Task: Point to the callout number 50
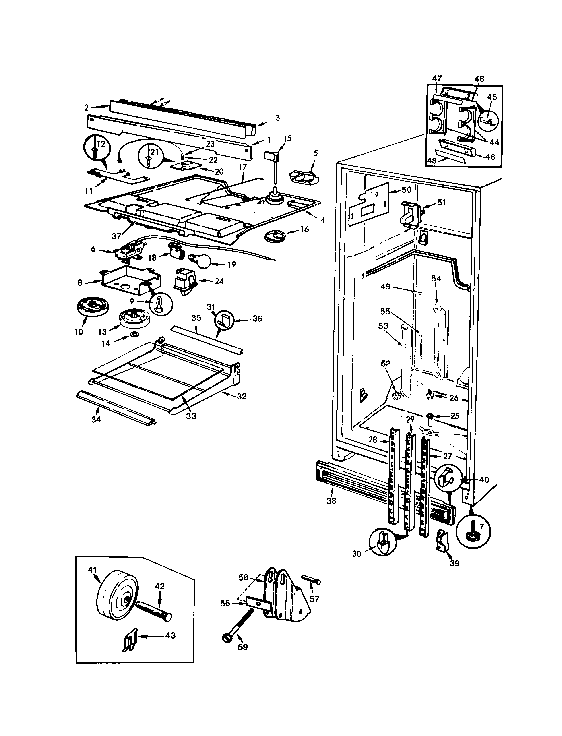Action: [406, 190]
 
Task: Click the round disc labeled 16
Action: [274, 236]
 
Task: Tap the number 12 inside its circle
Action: [100, 144]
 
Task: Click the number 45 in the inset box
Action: [492, 97]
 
